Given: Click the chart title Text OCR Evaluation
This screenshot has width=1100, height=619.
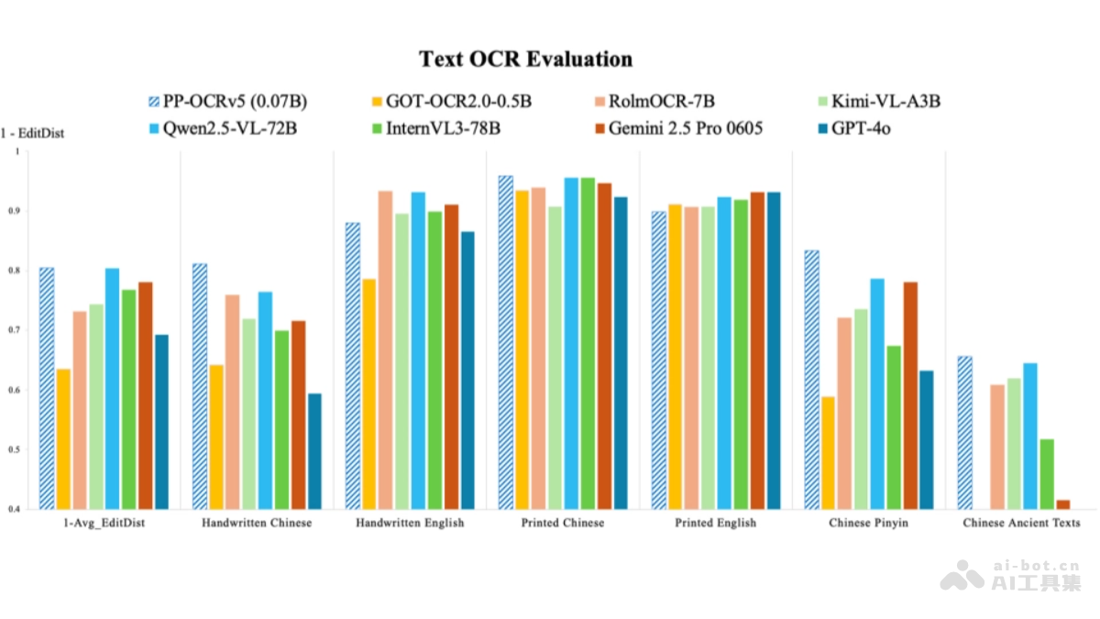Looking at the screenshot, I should (525, 59).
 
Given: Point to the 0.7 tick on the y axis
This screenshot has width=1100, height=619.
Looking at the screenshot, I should (15, 330).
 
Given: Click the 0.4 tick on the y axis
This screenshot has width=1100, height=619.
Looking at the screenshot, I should (15, 509).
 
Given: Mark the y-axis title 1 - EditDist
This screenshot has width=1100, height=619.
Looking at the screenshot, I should (32, 133).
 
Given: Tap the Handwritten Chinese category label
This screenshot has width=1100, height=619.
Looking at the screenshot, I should (256, 523).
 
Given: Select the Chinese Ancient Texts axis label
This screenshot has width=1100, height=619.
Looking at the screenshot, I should (1021, 523).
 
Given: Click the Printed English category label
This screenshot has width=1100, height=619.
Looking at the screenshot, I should (716, 523).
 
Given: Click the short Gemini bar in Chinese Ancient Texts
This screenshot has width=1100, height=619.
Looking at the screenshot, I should (1062, 504).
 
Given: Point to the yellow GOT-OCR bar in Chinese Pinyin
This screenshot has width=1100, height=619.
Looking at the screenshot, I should (828, 453).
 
